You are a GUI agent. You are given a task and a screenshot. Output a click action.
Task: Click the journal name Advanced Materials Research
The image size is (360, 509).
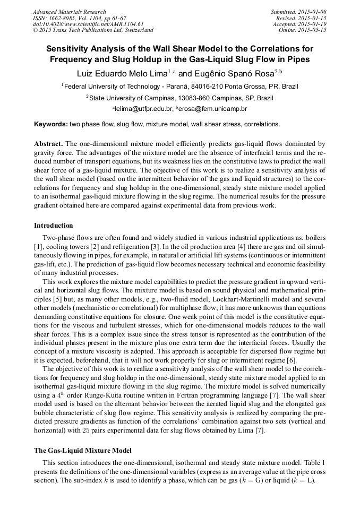click(69, 12)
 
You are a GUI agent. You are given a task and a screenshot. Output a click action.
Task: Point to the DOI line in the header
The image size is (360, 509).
click(88, 24)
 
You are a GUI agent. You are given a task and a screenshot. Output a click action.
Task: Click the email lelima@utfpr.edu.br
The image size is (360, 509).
click(144, 109)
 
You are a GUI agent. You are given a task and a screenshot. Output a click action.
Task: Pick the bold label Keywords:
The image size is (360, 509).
click(50, 124)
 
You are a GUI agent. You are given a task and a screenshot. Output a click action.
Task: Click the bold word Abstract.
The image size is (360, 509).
click(48, 144)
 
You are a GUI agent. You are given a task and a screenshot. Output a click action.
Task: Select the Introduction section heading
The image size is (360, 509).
click(53, 226)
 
